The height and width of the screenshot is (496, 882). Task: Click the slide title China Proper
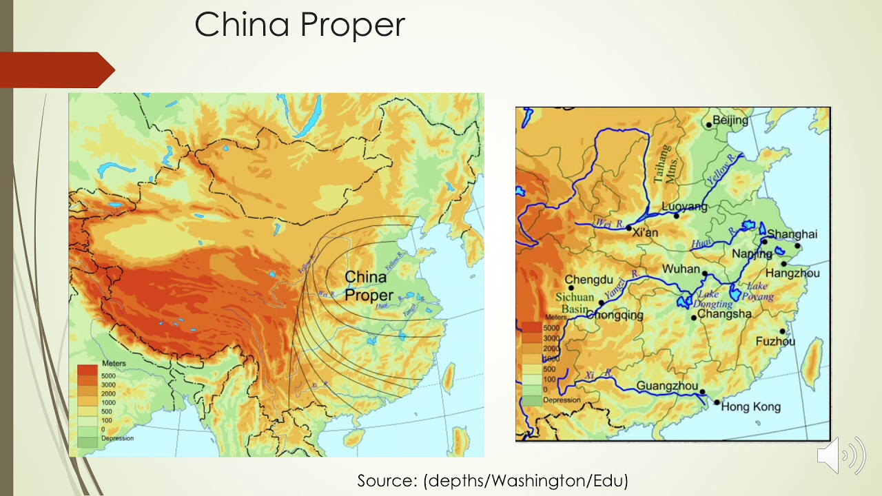click(300, 25)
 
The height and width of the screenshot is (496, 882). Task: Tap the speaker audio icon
click(841, 455)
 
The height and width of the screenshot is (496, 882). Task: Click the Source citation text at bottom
click(493, 480)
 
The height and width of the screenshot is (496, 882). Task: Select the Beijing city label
click(730, 121)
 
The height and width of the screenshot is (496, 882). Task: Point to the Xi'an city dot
click(628, 227)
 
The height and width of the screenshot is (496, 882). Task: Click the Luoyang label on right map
click(684, 207)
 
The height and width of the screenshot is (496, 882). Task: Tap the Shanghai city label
click(792, 234)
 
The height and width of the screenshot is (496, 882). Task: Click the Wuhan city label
click(681, 269)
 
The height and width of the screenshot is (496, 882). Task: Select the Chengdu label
click(589, 280)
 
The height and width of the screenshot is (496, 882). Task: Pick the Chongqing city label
click(615, 316)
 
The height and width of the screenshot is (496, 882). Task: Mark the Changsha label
click(724, 314)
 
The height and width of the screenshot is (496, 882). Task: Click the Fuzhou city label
click(775, 342)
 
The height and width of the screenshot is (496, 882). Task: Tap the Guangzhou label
click(667, 386)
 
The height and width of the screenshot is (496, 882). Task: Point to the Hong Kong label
click(750, 407)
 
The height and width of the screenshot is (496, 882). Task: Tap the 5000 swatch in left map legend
click(88, 370)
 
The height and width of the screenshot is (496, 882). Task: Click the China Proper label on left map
click(368, 286)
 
